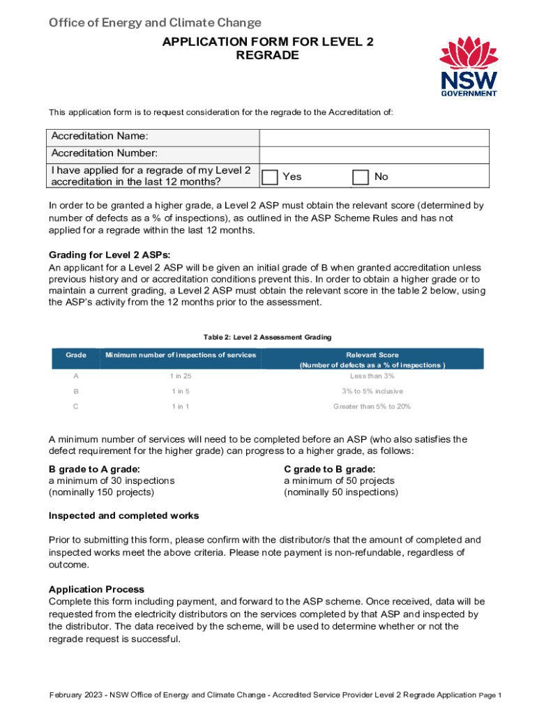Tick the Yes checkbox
(270, 177)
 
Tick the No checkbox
(360, 177)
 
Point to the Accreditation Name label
(100, 136)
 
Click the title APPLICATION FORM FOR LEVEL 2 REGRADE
(268, 49)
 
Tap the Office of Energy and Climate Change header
(155, 23)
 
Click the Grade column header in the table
(76, 356)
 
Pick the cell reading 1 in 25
(181, 377)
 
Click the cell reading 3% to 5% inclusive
(372, 392)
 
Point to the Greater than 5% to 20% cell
(372, 407)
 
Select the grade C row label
(76, 407)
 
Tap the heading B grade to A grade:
(94, 469)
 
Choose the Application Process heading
(96, 589)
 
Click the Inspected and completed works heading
(123, 516)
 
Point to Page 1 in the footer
(491, 696)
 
